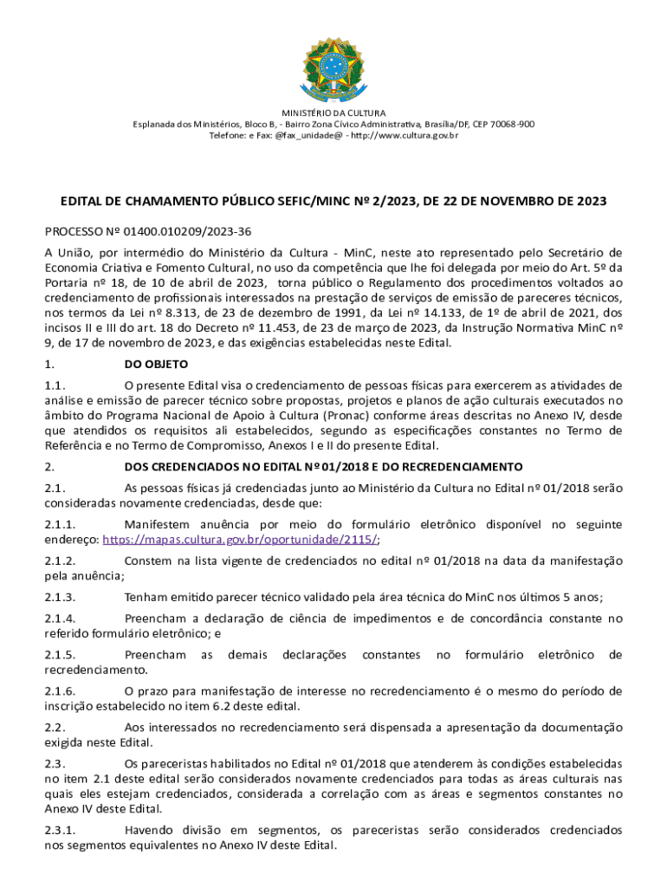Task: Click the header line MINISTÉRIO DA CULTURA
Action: tap(333, 113)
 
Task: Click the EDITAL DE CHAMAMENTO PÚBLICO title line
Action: tap(333, 201)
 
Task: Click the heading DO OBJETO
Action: tap(156, 365)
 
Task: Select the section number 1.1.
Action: tap(56, 385)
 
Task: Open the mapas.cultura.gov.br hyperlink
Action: tap(239, 539)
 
